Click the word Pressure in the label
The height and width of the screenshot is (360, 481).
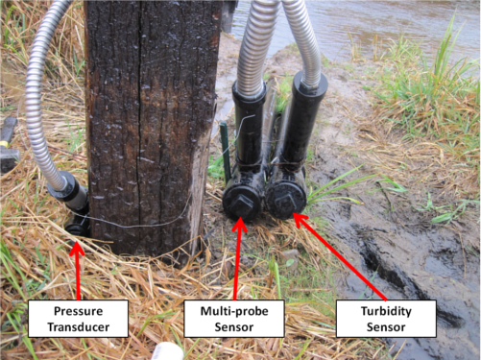pyautogui.click(x=78, y=311)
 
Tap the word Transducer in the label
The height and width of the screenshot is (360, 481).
pyautogui.click(x=79, y=327)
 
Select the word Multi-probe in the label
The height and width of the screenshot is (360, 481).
pyautogui.click(x=234, y=311)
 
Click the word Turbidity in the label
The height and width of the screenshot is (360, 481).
pyautogui.click(x=386, y=311)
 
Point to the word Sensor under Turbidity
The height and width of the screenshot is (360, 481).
pyautogui.click(x=386, y=327)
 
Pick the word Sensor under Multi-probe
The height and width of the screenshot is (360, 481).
pyautogui.click(x=234, y=327)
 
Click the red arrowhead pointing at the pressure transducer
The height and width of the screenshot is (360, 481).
pyautogui.click(x=77, y=249)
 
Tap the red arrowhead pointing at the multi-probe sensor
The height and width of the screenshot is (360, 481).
pyautogui.click(x=240, y=225)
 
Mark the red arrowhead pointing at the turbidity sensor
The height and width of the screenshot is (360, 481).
pyautogui.click(x=300, y=220)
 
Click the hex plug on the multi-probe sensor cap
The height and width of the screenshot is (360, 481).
pyautogui.click(x=241, y=204)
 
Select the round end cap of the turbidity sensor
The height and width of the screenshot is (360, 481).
pyautogui.click(x=286, y=200)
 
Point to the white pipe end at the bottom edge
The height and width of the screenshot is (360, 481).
pyautogui.click(x=167, y=351)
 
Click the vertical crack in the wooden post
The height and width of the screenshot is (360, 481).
pyautogui.click(x=139, y=122)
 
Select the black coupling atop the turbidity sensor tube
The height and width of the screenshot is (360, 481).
pyautogui.click(x=310, y=84)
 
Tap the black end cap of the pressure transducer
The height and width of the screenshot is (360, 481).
pyautogui.click(x=77, y=228)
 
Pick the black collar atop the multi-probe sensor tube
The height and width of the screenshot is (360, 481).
pyautogui.click(x=249, y=91)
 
